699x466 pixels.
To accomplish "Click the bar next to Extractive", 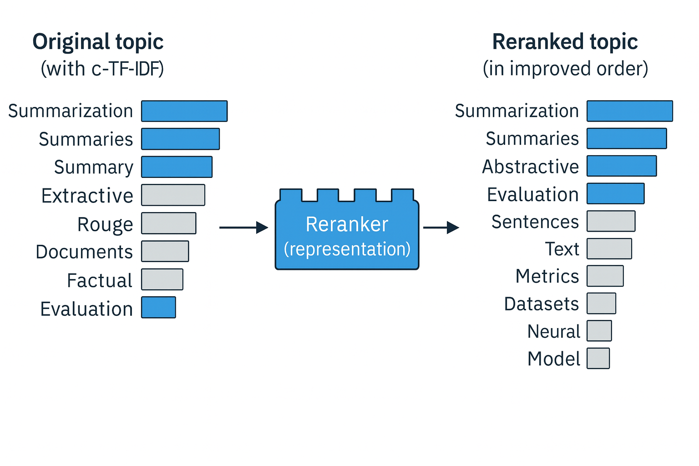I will pos(173,195).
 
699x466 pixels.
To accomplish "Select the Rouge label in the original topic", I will pos(105,224).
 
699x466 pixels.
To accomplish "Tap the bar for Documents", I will pos(165,251).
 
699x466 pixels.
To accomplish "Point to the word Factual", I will pos(100,280).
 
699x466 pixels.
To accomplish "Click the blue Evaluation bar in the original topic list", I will pos(158,307).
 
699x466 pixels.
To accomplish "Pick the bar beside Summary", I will pos(177,167).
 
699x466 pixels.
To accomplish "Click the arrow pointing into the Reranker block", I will pos(243,227).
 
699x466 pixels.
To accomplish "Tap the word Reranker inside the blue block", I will pos(347,224).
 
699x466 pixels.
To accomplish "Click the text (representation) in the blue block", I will pos(347,249).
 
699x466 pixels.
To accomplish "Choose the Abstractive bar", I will pos(621,166).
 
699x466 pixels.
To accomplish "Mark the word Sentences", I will pos(535,222).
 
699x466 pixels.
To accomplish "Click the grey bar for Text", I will pos(609,249).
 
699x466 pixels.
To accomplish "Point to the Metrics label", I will pos(547,276).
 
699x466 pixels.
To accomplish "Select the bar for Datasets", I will pos(601,304).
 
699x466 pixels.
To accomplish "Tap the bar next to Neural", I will pos(599,331).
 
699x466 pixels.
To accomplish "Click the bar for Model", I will pos(598,358).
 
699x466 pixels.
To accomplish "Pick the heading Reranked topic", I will pos(565,42).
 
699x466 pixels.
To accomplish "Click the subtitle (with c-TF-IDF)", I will pos(102,69).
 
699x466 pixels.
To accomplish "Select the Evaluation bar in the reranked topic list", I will pos(615,193).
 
